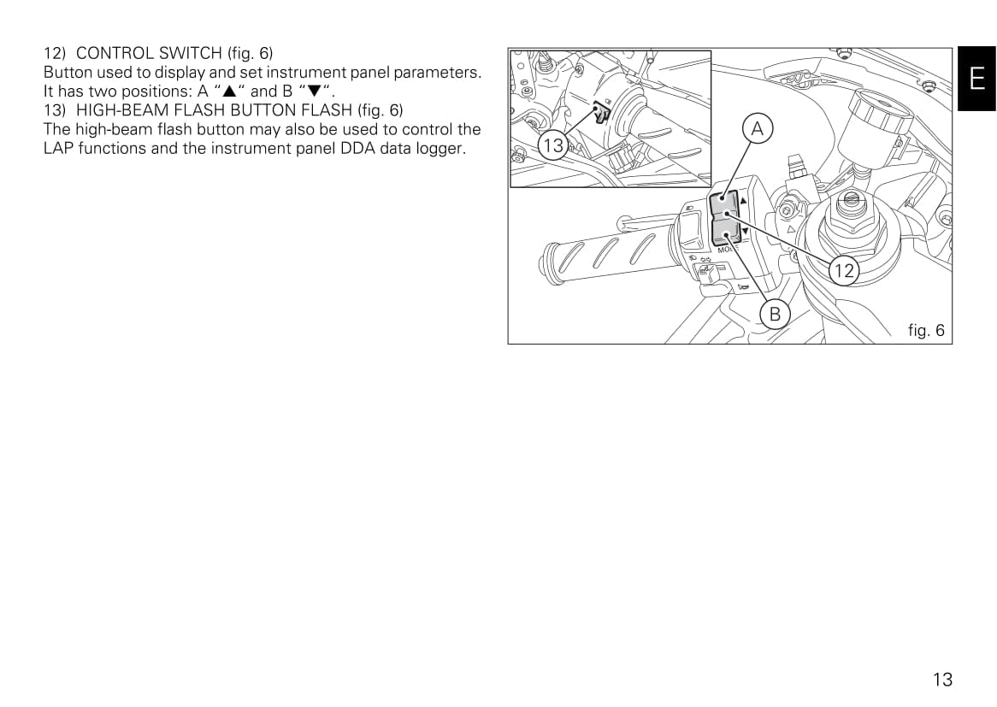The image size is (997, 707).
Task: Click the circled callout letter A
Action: click(758, 129)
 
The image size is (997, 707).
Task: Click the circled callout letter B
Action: click(775, 314)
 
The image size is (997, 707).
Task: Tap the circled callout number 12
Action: click(844, 271)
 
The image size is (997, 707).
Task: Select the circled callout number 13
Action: click(552, 145)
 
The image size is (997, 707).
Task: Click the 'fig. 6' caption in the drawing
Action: click(926, 330)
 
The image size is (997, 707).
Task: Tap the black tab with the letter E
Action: click(977, 78)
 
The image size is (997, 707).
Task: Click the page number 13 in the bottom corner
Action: click(942, 680)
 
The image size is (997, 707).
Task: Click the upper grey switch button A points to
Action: click(724, 205)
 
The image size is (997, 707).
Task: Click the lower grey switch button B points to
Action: click(726, 232)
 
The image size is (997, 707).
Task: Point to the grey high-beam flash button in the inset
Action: click(601, 111)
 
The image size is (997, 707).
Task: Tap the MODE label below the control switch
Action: click(728, 250)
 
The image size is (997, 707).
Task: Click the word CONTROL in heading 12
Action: click(117, 53)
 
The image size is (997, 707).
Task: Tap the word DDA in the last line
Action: click(355, 148)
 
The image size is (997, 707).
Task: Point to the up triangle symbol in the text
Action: click(229, 91)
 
